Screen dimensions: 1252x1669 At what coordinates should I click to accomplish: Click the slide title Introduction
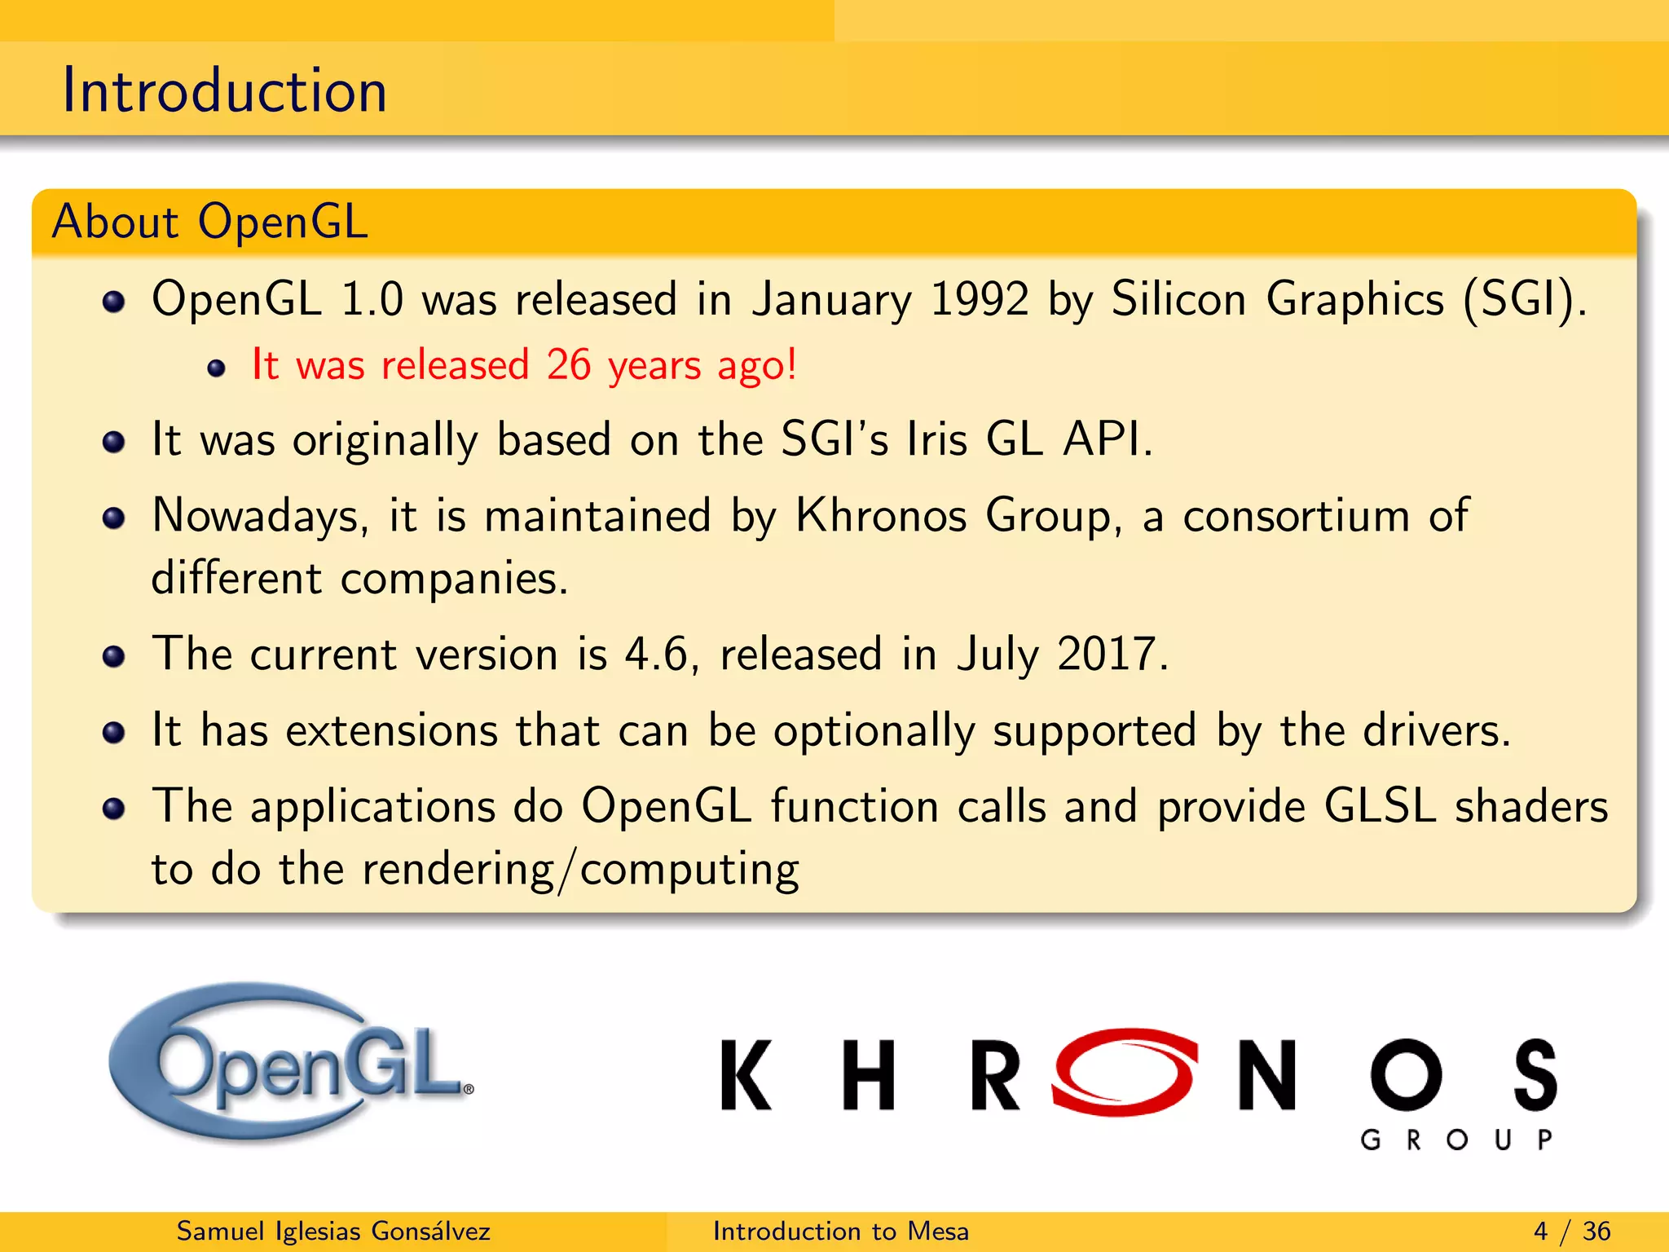pyautogui.click(x=224, y=90)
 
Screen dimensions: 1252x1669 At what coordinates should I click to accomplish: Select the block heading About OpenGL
pyautogui.click(x=210, y=221)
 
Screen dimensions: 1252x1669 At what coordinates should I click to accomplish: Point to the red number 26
pyautogui.click(x=568, y=364)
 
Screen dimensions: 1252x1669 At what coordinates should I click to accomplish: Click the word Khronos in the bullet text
pyautogui.click(x=880, y=516)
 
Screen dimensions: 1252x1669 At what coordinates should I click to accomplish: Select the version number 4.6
pyautogui.click(x=656, y=654)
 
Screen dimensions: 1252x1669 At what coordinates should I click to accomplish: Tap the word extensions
pyautogui.click(x=391, y=730)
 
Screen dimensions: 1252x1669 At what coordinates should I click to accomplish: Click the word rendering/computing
pyautogui.click(x=580, y=869)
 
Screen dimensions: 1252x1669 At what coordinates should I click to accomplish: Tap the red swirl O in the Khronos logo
pyautogui.click(x=1125, y=1072)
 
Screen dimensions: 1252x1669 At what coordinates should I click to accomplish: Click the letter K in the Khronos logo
pyautogui.click(x=746, y=1075)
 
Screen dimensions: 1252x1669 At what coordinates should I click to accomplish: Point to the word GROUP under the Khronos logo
pyautogui.click(x=1455, y=1140)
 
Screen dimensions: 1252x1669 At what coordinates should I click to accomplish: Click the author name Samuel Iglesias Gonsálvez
pyautogui.click(x=333, y=1231)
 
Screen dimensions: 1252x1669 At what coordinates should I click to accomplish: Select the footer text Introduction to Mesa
pyautogui.click(x=840, y=1231)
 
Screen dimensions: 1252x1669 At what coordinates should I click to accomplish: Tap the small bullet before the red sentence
pyautogui.click(x=216, y=368)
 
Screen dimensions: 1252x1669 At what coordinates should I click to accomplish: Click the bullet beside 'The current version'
pyautogui.click(x=114, y=656)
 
